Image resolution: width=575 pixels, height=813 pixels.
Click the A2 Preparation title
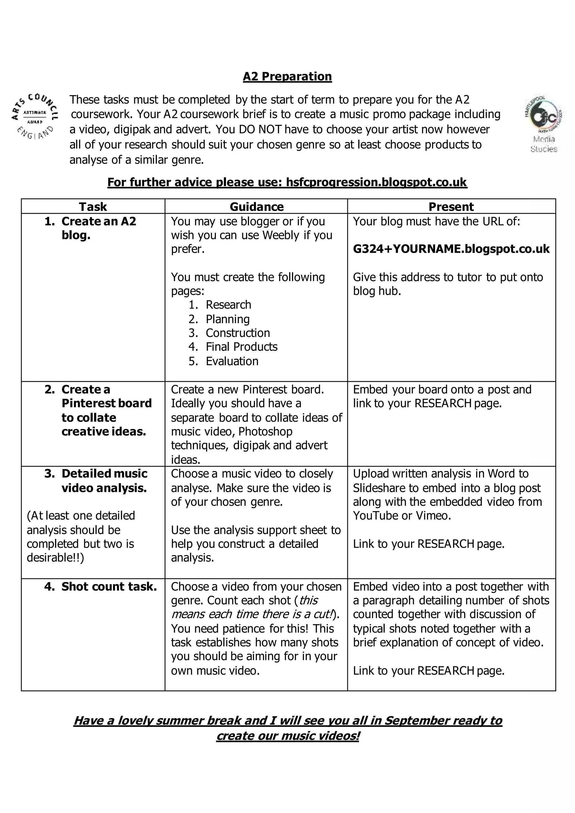287,76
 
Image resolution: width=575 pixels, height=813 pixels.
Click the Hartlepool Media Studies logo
544,123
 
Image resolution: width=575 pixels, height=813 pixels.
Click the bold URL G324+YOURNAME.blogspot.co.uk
451,249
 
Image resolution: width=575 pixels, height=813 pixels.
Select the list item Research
228,305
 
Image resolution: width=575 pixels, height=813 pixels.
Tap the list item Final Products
241,347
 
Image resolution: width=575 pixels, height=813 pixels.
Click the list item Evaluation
232,361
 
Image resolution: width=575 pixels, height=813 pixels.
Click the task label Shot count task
109,586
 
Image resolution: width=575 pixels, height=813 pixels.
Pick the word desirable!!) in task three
55,558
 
